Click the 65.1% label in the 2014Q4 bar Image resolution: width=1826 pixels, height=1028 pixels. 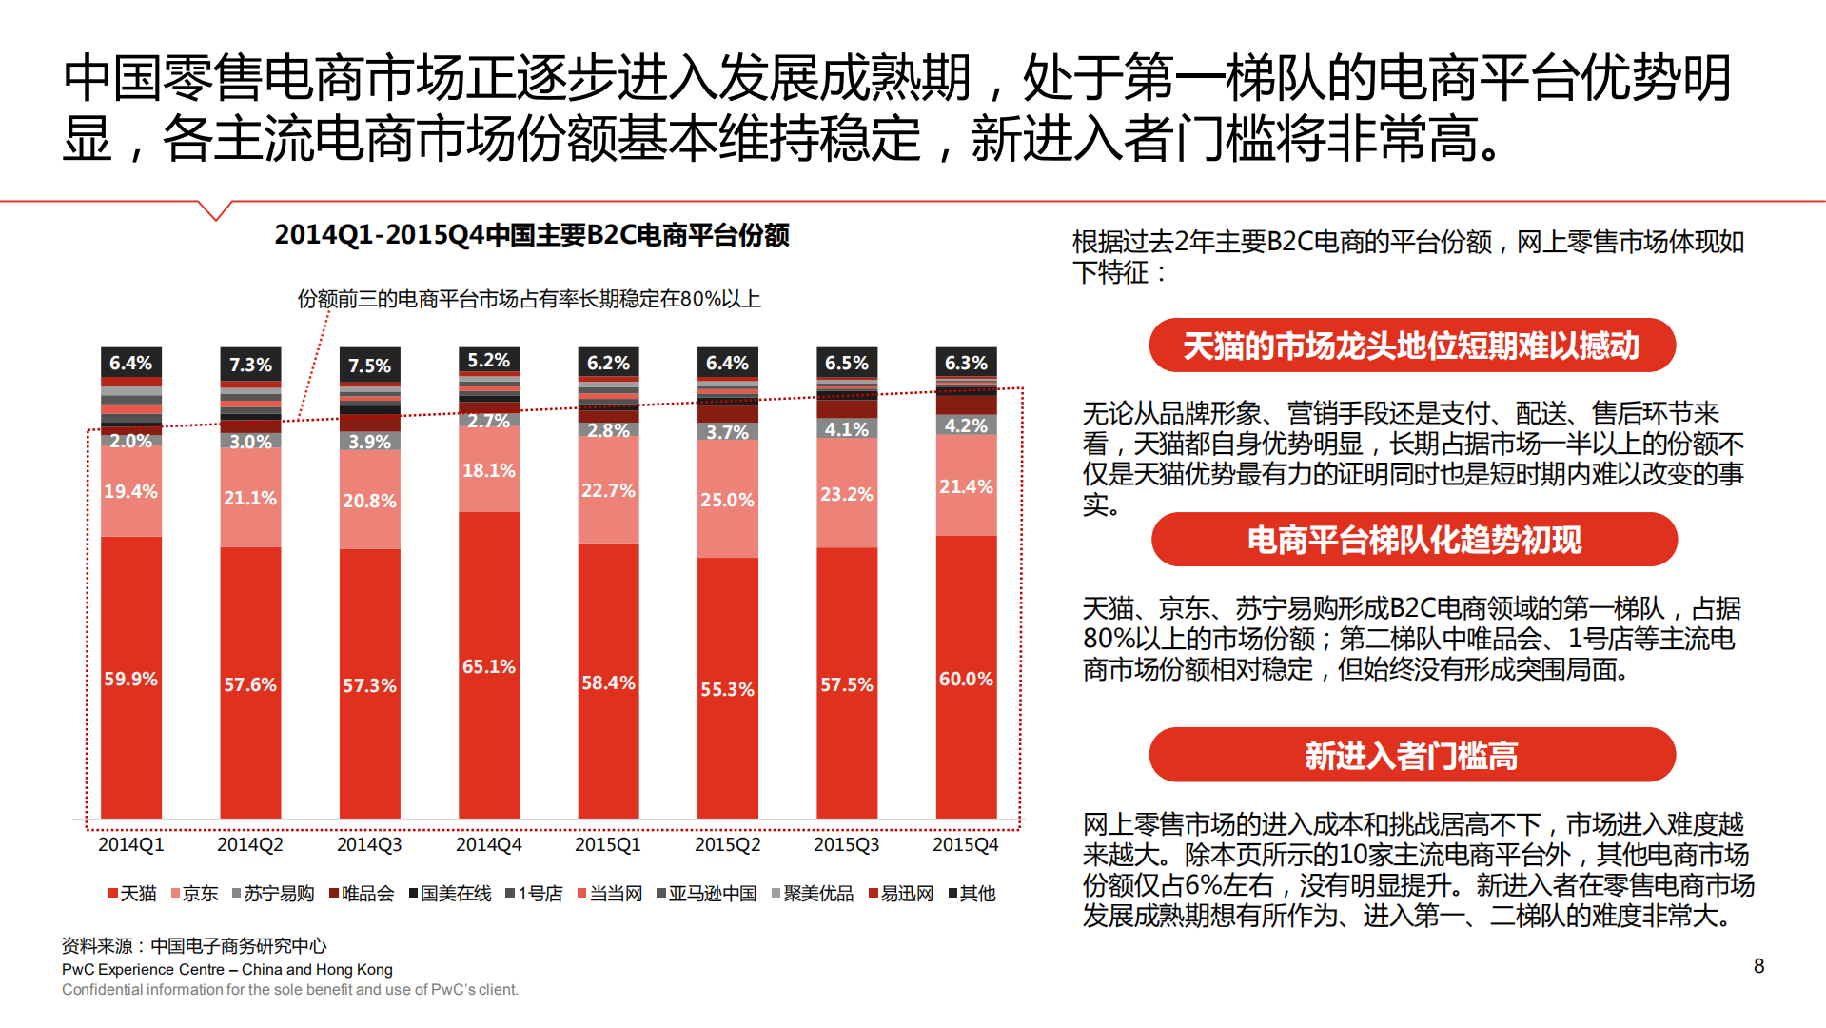[489, 666]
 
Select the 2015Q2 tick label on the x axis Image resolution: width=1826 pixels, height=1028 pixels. [727, 844]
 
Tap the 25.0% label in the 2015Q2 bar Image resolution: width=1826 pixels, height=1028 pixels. [727, 500]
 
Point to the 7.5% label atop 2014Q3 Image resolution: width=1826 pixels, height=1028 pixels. [369, 366]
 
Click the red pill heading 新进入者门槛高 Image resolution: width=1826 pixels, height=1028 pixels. [1411, 756]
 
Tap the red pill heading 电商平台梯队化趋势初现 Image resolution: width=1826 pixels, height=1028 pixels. [1414, 540]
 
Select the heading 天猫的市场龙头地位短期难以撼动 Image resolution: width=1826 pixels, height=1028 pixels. [1411, 346]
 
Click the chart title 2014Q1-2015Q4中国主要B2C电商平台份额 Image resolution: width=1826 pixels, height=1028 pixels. [531, 235]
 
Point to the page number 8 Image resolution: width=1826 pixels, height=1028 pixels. [1758, 966]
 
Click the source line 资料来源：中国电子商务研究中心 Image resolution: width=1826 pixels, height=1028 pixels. [194, 945]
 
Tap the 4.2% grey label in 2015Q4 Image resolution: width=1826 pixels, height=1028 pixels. [966, 425]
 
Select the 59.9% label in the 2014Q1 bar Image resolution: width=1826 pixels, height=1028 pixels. [130, 679]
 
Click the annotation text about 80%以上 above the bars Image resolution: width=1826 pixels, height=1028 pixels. [529, 299]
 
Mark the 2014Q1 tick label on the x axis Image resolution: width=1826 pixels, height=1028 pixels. [130, 844]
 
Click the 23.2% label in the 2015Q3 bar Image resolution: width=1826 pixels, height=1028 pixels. [846, 494]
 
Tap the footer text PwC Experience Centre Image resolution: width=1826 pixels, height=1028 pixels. [226, 969]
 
